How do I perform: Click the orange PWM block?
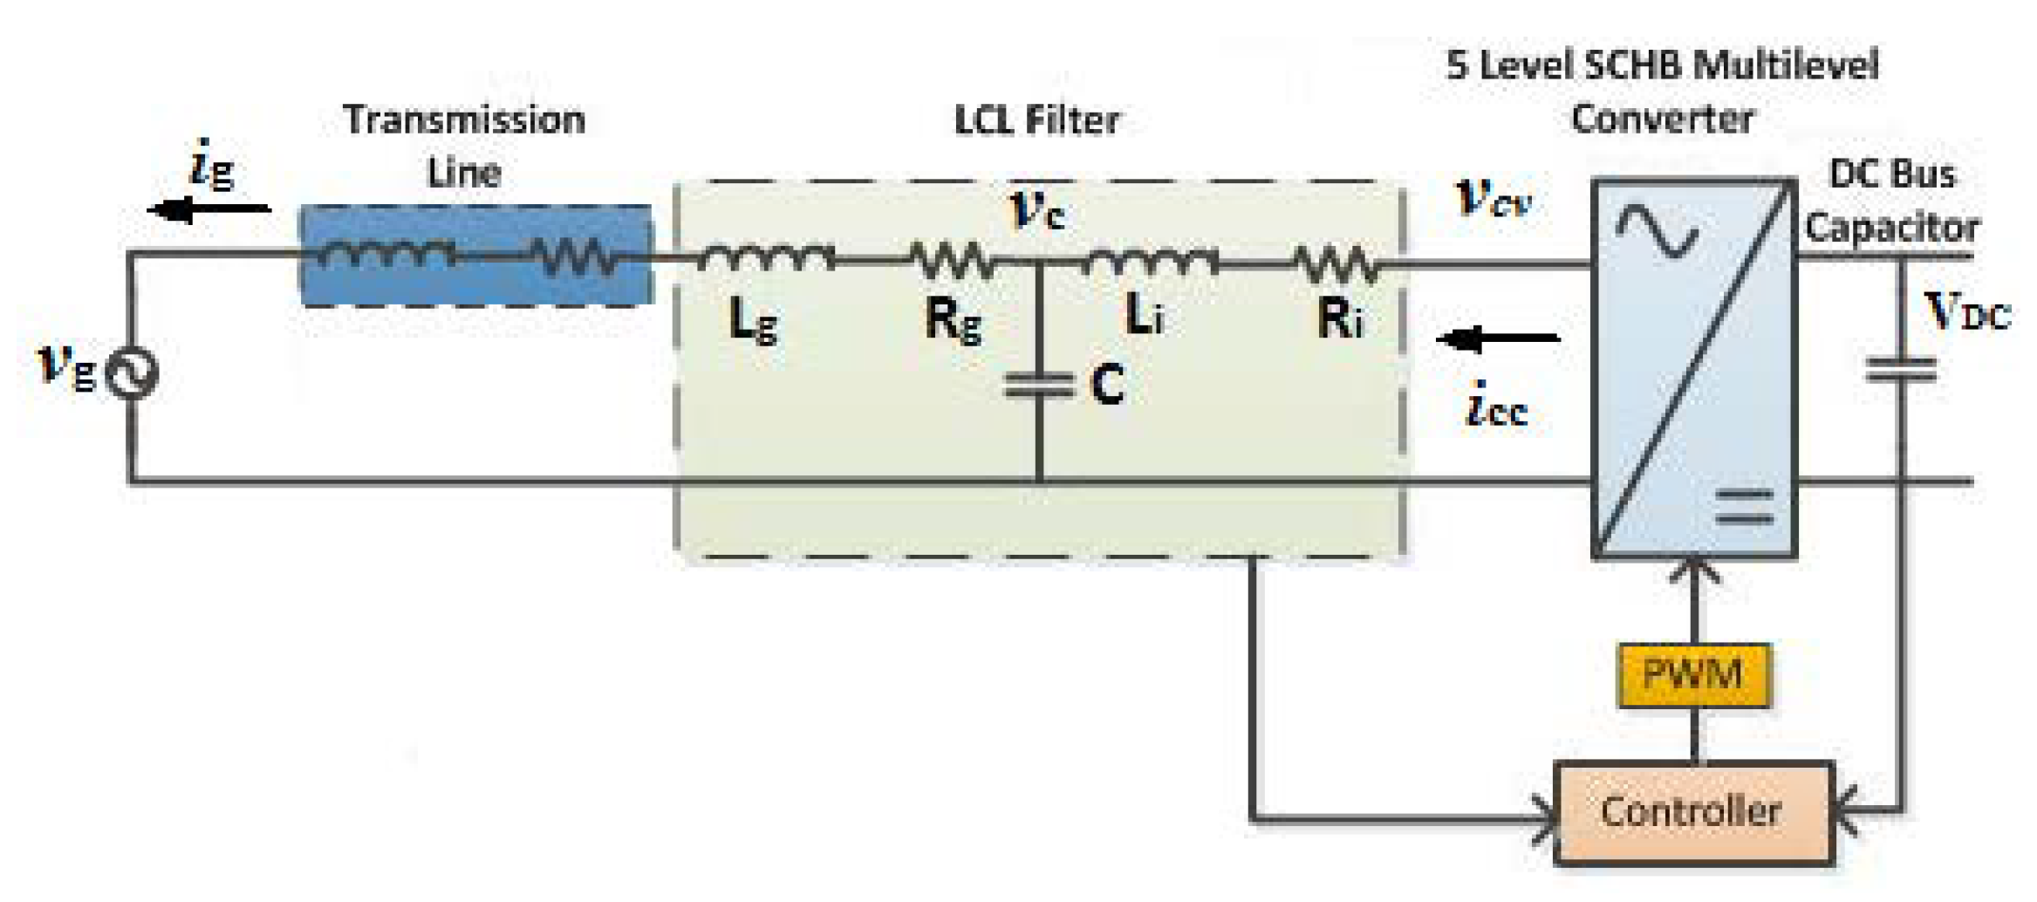(1692, 674)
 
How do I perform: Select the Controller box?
(1692, 812)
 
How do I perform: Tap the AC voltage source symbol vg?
(132, 373)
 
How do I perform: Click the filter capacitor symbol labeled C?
(1039, 385)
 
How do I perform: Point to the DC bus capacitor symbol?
(1901, 370)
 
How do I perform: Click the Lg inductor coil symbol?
(765, 256)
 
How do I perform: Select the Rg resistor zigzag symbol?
(951, 259)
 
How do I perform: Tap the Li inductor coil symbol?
(1150, 259)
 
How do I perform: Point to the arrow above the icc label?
(1497, 338)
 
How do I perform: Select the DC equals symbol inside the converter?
(1745, 506)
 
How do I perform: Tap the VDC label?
(1966, 311)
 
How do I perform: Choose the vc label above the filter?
(1036, 209)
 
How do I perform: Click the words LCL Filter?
(1036, 120)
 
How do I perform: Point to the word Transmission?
(464, 120)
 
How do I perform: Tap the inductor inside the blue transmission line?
(385, 254)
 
